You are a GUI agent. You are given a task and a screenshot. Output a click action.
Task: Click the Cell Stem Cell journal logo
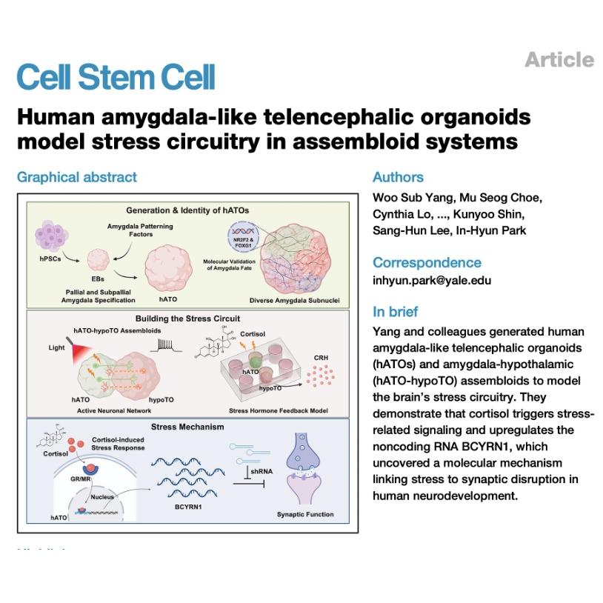tap(116, 76)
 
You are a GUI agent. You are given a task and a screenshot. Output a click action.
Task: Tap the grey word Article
tap(559, 59)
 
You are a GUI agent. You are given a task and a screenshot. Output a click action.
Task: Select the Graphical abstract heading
tap(77, 177)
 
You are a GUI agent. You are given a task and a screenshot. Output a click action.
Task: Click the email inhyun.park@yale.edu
tap(432, 280)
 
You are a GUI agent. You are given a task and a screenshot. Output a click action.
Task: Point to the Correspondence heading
tap(427, 263)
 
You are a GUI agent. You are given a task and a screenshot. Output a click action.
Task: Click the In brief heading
tap(396, 311)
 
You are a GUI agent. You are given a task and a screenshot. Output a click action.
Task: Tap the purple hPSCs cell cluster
tap(52, 236)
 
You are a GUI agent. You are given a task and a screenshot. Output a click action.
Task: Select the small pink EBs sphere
tap(99, 259)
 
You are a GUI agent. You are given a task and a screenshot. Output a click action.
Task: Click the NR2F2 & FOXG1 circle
tap(243, 236)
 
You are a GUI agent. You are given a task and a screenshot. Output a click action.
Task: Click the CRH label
tap(321, 358)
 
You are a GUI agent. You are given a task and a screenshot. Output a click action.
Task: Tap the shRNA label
tap(261, 471)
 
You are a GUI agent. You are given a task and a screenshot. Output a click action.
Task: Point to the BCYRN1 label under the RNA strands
tap(188, 507)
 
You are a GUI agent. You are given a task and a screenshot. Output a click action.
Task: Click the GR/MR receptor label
tap(80, 479)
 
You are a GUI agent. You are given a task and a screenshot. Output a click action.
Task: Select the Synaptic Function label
tap(305, 514)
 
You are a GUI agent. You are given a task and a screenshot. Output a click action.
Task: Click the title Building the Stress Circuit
tap(187, 319)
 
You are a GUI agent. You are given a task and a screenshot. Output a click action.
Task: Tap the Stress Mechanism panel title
tap(187, 427)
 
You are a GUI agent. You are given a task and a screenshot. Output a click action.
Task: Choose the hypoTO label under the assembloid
tap(161, 400)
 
